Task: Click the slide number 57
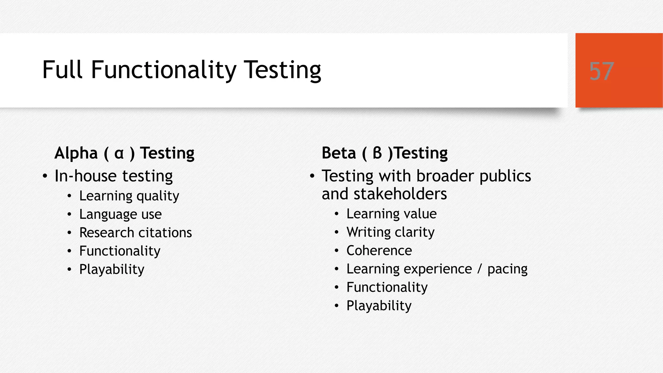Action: tap(601, 71)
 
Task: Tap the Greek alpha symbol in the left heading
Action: tap(119, 153)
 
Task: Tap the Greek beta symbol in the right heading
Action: tap(377, 153)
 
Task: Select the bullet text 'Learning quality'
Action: tap(129, 196)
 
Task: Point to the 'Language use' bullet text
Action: tap(120, 214)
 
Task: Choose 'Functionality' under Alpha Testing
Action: tap(120, 251)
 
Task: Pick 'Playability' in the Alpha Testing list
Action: tap(112, 269)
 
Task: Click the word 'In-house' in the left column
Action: tap(85, 176)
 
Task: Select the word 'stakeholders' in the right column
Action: tap(400, 194)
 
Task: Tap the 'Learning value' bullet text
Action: tap(391, 214)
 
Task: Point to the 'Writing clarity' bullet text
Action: tap(390, 232)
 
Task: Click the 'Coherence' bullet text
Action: tap(379, 251)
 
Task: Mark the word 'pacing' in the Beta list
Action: tap(507, 269)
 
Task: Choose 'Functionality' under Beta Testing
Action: tap(387, 287)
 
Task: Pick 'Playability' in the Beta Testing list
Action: tap(379, 306)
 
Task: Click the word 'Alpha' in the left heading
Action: tap(76, 153)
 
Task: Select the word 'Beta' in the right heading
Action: tap(339, 153)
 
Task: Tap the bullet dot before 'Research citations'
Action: tap(69, 233)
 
